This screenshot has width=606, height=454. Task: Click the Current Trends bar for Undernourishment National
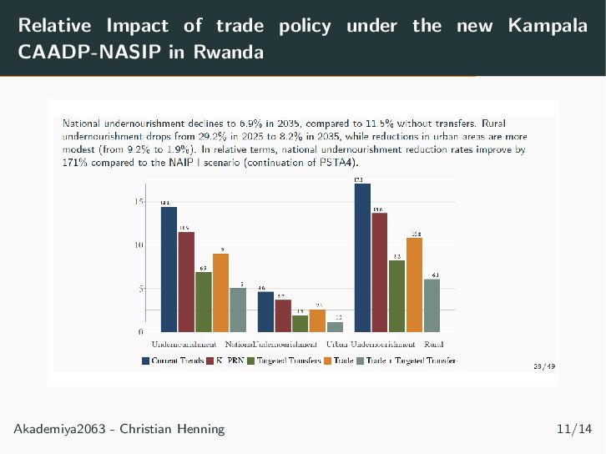[169, 269]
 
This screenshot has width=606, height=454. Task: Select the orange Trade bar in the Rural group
[414, 285]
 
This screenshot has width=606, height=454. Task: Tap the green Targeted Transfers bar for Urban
[300, 323]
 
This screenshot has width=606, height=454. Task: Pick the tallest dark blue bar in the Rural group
[362, 257]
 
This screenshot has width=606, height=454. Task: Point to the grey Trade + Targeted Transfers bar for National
[238, 310]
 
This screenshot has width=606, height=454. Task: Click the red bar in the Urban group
[282, 315]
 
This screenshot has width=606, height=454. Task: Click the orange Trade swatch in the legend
[327, 361]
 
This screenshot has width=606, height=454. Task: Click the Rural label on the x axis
[433, 344]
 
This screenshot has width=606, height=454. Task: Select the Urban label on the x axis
[337, 344]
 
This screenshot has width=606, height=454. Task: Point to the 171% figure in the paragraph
[76, 162]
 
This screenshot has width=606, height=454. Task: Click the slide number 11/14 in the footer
[573, 429]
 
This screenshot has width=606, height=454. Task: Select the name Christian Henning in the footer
[172, 429]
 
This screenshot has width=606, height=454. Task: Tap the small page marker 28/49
[543, 366]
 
